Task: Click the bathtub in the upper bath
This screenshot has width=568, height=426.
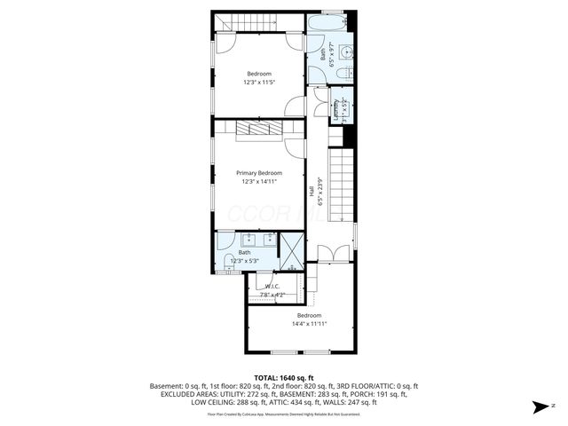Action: pyautogui.click(x=331, y=23)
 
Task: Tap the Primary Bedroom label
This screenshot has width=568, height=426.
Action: pyautogui.click(x=258, y=172)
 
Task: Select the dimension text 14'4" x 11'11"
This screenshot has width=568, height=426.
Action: pyautogui.click(x=309, y=324)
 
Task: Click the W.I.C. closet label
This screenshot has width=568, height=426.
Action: pyautogui.click(x=272, y=286)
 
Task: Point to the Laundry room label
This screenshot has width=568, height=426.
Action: pyautogui.click(x=336, y=106)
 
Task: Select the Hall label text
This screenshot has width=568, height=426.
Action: pyautogui.click(x=311, y=190)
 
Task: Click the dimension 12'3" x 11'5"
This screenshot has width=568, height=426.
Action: pyautogui.click(x=258, y=82)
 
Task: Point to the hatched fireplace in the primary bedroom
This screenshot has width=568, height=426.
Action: pyautogui.click(x=258, y=130)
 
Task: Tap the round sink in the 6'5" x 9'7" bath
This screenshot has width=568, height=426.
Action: pyautogui.click(x=349, y=50)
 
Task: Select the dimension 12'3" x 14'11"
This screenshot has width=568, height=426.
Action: pyautogui.click(x=258, y=181)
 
